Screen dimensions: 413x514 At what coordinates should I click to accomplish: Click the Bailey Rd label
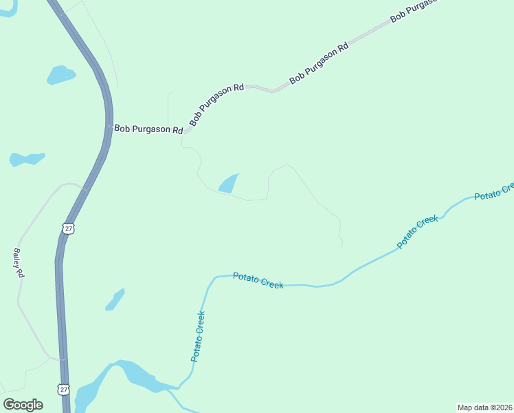(19, 263)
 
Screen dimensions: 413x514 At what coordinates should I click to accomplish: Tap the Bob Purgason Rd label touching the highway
(148, 129)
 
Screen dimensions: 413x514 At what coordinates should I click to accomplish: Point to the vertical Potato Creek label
(198, 337)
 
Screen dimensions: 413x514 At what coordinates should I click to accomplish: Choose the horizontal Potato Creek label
(258, 280)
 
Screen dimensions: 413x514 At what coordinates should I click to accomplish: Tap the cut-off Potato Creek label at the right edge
(494, 191)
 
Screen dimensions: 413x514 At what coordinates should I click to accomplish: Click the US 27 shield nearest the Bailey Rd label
(67, 228)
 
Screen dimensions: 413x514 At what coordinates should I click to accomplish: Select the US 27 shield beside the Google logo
(64, 390)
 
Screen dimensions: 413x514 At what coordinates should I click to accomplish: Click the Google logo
(23, 405)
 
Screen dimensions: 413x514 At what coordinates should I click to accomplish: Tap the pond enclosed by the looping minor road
(228, 184)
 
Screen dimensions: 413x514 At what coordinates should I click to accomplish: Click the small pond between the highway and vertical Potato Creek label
(115, 300)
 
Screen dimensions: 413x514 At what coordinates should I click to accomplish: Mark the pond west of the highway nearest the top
(60, 74)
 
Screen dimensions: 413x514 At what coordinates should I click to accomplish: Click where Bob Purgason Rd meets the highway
(109, 127)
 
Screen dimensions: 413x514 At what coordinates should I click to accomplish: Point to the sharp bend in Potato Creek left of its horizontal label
(211, 279)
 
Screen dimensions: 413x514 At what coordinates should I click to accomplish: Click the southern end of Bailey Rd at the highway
(61, 359)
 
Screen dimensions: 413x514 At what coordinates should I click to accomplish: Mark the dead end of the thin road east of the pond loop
(342, 248)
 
